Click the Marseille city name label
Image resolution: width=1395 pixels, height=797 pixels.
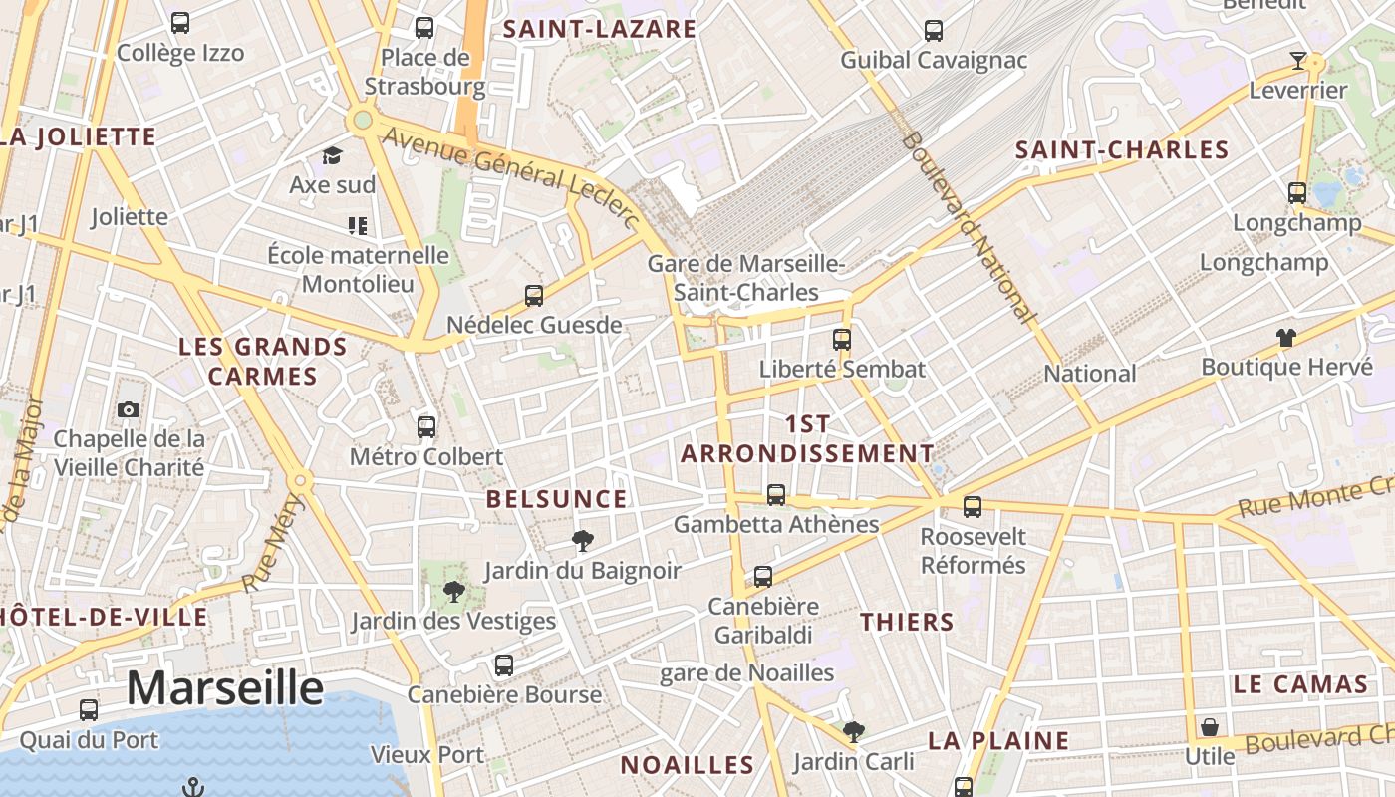[225, 688]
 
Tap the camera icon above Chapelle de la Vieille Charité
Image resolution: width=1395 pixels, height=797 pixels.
[129, 409]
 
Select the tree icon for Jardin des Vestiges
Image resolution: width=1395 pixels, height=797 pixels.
[454, 592]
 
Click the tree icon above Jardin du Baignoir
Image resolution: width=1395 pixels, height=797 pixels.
[583, 541]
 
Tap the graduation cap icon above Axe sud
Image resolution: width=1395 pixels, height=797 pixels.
[332, 156]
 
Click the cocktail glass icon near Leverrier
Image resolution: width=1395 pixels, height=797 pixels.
[1297, 61]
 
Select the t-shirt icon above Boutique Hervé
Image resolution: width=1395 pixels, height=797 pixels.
[1286, 338]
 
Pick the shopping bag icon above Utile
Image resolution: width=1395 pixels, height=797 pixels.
[1209, 727]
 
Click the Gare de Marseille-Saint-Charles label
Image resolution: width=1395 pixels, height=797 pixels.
[745, 278]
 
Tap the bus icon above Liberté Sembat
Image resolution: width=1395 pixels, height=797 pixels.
[842, 339]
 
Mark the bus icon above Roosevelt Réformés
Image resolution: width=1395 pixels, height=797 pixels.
[973, 506]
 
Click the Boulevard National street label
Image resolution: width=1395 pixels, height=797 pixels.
[968, 228]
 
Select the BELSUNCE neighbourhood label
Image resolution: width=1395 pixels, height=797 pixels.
[557, 499]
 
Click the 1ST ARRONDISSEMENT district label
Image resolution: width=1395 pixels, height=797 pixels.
[807, 438]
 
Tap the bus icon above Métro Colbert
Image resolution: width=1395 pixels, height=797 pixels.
[426, 427]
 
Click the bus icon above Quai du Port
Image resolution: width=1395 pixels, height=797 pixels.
[89, 710]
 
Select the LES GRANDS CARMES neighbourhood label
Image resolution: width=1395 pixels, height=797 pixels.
[263, 362]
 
